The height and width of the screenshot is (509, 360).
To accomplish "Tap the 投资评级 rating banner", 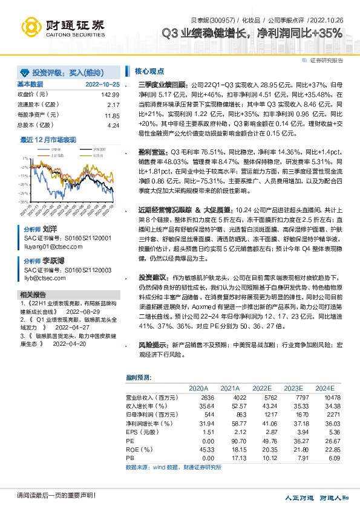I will (x=61, y=71).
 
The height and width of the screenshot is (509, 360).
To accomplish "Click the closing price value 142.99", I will (x=111, y=95).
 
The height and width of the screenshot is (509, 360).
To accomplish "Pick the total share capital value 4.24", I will (x=113, y=125).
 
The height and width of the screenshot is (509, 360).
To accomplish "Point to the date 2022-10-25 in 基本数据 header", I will (x=102, y=84).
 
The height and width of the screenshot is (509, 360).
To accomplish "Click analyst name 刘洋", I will (x=50, y=230).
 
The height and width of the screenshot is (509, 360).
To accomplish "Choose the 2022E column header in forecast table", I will (x=262, y=388).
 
